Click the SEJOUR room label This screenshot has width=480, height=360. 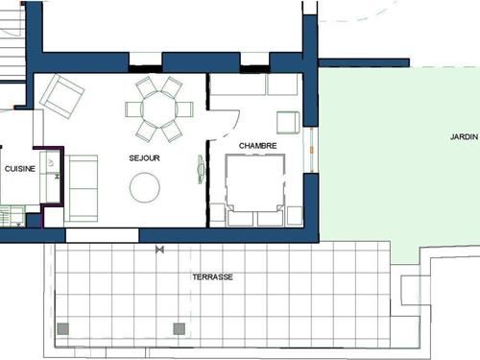click(144, 157)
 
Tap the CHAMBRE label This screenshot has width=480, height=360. click(257, 146)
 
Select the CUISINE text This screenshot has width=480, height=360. click(20, 169)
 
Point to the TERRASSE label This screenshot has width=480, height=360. click(212, 276)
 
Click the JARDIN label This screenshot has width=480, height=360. click(464, 137)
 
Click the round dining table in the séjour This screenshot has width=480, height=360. click(159, 109)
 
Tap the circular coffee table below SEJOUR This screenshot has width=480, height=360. click(145, 187)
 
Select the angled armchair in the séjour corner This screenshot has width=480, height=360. click(61, 96)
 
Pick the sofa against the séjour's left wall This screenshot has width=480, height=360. click(81, 188)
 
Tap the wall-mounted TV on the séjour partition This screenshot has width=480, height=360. click(201, 169)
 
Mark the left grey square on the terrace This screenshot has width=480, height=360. click(63, 329)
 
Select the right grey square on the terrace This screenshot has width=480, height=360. click(180, 329)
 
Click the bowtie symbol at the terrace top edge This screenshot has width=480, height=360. click(159, 250)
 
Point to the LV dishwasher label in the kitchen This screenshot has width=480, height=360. click(51, 163)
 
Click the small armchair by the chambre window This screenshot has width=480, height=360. click(288, 122)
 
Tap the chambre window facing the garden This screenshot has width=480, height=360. click(311, 150)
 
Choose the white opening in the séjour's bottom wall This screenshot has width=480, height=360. click(102, 235)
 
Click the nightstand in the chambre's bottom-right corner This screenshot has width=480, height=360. click(295, 215)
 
